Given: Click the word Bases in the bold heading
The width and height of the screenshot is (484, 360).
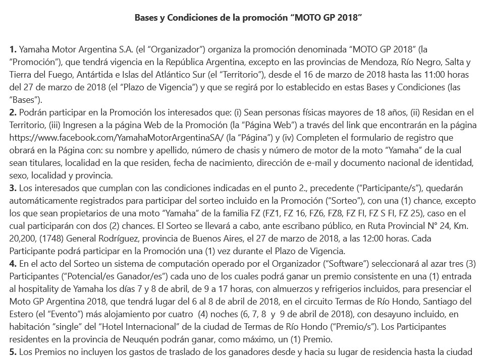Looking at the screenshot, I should pyautogui.click(x=147, y=18).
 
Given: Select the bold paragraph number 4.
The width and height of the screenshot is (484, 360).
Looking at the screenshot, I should pyautogui.click(x=13, y=263).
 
